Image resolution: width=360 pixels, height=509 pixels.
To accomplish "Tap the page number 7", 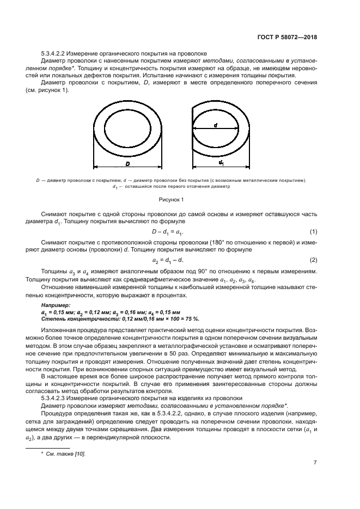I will (x=315, y=463).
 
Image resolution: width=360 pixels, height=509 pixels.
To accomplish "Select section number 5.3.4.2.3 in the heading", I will (x=57, y=398).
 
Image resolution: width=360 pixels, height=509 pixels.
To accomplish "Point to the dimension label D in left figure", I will (x=127, y=163).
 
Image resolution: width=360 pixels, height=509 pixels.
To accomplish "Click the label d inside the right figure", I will (x=216, y=125).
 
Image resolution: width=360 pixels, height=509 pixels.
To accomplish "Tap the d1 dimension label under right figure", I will (x=221, y=163).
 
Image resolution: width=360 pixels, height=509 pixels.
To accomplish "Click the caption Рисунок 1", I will (x=179, y=200).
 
